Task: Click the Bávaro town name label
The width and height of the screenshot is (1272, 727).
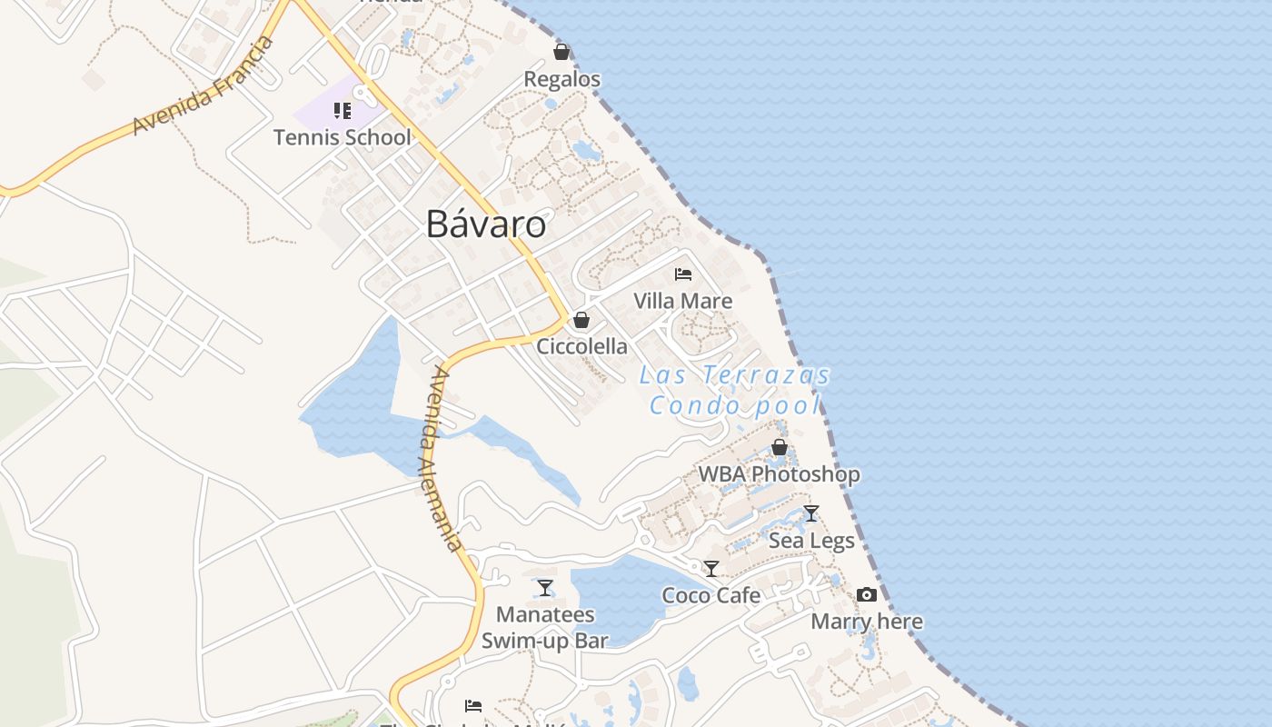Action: [486, 224]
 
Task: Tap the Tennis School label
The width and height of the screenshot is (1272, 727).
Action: [343, 137]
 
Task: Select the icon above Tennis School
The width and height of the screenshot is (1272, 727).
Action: [342, 111]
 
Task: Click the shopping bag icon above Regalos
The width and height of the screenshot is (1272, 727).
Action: [561, 52]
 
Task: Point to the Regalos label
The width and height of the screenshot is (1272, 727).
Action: [561, 79]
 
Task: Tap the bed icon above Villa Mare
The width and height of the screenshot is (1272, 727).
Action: [683, 274]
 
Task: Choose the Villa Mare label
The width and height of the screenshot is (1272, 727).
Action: [683, 301]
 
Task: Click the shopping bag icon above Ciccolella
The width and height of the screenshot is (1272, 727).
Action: [581, 320]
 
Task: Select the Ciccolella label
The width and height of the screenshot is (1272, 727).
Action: [581, 346]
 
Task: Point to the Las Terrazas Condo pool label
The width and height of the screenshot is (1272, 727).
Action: [735, 390]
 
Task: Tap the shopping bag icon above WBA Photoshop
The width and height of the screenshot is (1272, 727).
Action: [779, 447]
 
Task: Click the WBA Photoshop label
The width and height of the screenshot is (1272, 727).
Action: [779, 474]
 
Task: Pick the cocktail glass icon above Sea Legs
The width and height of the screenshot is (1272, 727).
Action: [811, 513]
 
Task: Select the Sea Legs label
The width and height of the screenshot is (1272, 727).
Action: [811, 541]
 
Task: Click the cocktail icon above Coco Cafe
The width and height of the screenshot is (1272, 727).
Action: [711, 569]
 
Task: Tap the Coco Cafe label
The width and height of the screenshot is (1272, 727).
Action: [711, 595]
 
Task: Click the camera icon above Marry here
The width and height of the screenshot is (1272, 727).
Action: [867, 595]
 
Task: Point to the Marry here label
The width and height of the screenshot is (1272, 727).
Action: [867, 622]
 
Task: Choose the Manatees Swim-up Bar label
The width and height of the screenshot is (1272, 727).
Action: [545, 628]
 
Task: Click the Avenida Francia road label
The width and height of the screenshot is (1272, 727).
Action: [203, 86]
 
